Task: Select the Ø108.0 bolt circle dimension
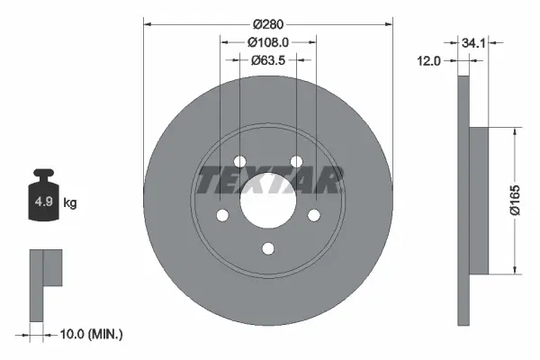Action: [269, 40]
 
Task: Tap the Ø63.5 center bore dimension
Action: [269, 60]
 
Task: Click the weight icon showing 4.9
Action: [43, 200]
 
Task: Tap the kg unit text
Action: [70, 203]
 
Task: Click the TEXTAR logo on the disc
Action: [269, 181]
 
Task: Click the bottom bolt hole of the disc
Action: [268, 249]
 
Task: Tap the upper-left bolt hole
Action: [239, 162]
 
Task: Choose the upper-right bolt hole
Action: [297, 162]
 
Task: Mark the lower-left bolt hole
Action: [221, 216]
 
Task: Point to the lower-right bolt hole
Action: [315, 216]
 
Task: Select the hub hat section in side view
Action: [479, 200]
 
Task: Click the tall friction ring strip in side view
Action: [463, 200]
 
